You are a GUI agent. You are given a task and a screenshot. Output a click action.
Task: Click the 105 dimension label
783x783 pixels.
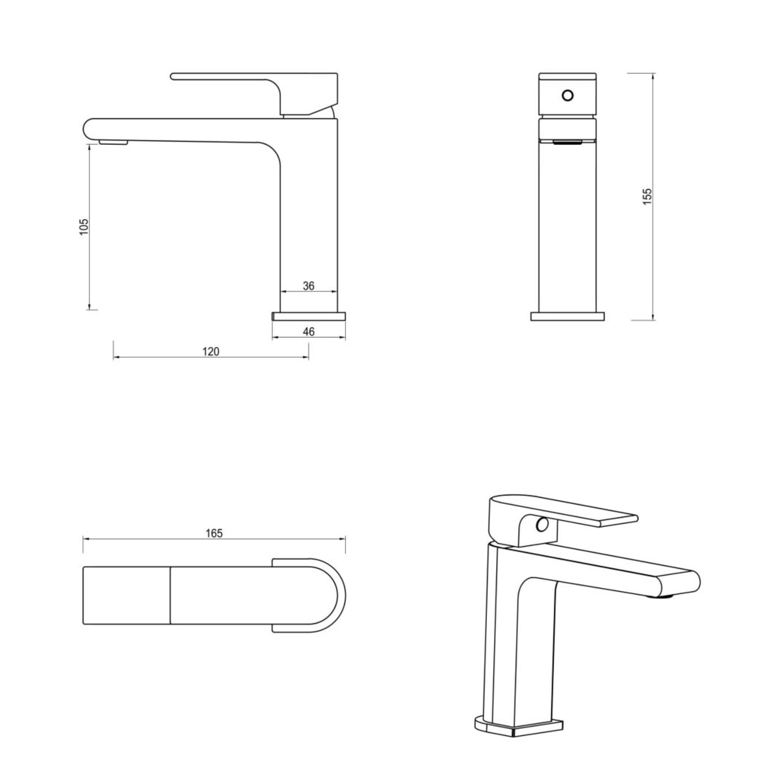coord(84,227)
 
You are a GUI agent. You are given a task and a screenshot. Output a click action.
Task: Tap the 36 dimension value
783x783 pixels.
coord(309,286)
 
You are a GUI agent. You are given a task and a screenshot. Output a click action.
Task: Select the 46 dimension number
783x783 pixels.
coord(309,332)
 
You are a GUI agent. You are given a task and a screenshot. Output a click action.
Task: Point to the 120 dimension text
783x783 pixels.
coord(211,352)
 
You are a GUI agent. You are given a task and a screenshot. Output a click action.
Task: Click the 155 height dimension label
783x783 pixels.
coord(647,196)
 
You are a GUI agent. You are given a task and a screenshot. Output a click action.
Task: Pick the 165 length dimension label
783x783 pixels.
coord(214,533)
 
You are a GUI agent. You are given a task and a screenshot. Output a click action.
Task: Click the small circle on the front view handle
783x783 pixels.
coord(568,96)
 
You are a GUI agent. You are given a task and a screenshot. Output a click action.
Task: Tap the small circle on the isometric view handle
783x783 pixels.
coord(542,524)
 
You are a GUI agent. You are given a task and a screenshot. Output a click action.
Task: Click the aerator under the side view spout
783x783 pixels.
coord(114,143)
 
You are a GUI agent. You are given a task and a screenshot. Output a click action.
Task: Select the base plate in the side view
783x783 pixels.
coord(309,316)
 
